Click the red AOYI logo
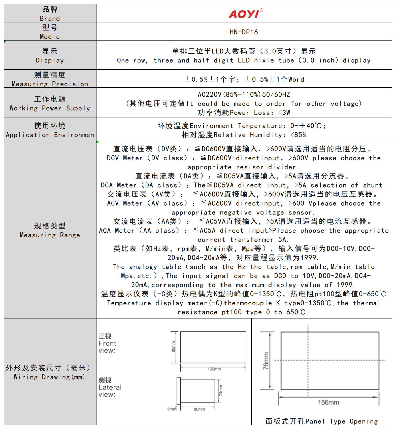pos(244,14)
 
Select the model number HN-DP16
pos(244,32)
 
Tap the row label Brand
pos(50,18)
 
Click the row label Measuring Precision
pos(50,84)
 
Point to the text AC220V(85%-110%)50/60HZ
pos(244,95)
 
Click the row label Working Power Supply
pos(50,108)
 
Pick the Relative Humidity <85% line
pos(244,135)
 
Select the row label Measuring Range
pos(50,235)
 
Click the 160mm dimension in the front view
pos(214,369)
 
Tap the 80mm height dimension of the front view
pos(173,347)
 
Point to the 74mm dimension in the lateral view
pos(221,390)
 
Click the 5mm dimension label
pos(172,409)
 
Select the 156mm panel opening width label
pos(328,402)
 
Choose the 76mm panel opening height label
pos(266,361)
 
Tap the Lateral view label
pos(110,387)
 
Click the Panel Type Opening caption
pos(321,421)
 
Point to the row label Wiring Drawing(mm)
pos(49,377)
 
